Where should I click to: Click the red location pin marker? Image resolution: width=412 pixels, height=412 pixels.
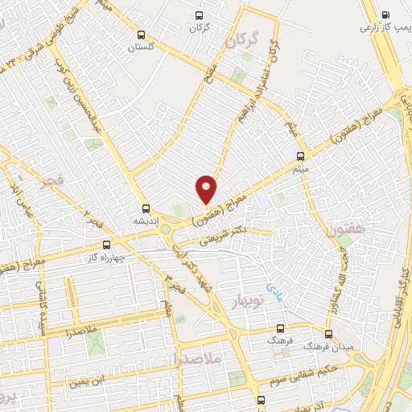pyautogui.click(x=207, y=190)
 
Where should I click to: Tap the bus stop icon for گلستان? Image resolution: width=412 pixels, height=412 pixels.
pyautogui.click(x=142, y=35)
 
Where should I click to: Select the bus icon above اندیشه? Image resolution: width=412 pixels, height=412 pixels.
pyautogui.click(x=146, y=207)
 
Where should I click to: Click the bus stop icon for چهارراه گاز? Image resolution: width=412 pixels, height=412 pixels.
pyautogui.click(x=106, y=246)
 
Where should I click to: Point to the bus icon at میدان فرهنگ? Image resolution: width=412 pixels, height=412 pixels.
pyautogui.click(x=328, y=333)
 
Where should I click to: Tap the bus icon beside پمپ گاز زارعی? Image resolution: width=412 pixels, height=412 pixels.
pyautogui.click(x=385, y=14)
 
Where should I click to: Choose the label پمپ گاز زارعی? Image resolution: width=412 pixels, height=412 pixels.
pyautogui.click(x=377, y=27)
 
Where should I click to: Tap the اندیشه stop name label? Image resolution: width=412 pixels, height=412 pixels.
pyautogui.click(x=147, y=219)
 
